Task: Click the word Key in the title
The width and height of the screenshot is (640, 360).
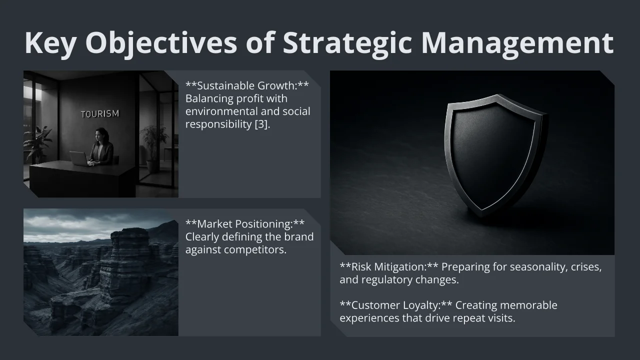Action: pyautogui.click(x=50, y=43)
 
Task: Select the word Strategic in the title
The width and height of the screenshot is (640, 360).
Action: pyautogui.click(x=347, y=43)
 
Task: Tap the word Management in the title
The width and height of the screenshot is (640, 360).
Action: pyautogui.click(x=517, y=43)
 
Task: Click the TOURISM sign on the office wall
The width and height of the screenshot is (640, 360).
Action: pyautogui.click(x=100, y=114)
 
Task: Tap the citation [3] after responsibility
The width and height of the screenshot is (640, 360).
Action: pyautogui.click(x=261, y=124)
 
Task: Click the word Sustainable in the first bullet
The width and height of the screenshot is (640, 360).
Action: pyautogui.click(x=225, y=85)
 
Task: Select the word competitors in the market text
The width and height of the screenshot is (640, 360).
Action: pyautogui.click(x=255, y=250)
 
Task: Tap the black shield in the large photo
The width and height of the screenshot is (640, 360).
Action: pyautogui.click(x=495, y=154)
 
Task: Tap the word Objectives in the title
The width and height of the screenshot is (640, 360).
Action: pyautogui.click(x=161, y=43)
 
